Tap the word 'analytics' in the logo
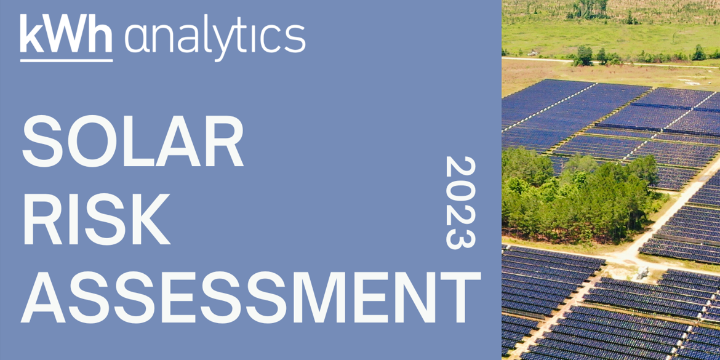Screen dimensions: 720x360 (215, 39)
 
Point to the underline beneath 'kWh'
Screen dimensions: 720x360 (66, 60)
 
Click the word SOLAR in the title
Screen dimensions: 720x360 (132, 141)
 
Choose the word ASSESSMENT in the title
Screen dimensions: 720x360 (250, 296)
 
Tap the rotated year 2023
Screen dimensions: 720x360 (460, 202)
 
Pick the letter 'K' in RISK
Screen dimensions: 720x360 (146, 218)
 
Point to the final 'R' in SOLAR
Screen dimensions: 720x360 (222, 141)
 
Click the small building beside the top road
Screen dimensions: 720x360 (533, 54)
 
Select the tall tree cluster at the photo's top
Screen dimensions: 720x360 (588, 9)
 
